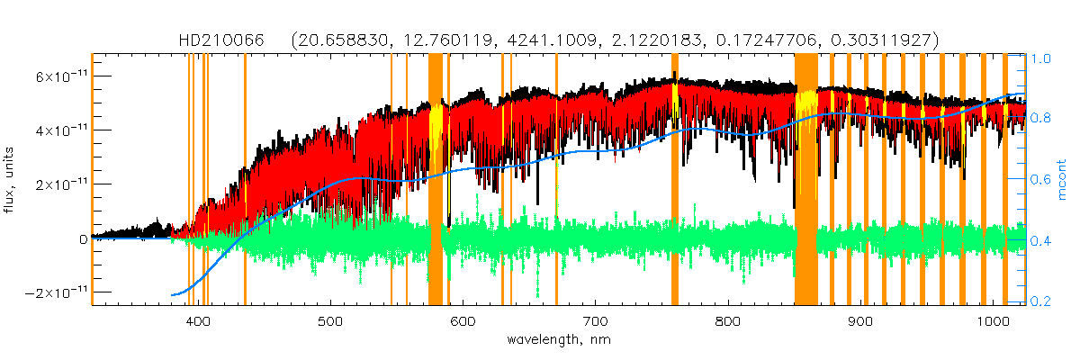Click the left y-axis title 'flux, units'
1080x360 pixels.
coord(10,180)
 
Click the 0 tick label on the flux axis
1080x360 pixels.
coord(83,239)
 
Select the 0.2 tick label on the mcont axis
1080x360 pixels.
coord(1040,301)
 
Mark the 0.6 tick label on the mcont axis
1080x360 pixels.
coord(1040,180)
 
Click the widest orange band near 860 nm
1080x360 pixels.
coord(805,180)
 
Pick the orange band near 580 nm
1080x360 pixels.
coord(435,180)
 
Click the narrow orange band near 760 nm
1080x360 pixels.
coord(675,180)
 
